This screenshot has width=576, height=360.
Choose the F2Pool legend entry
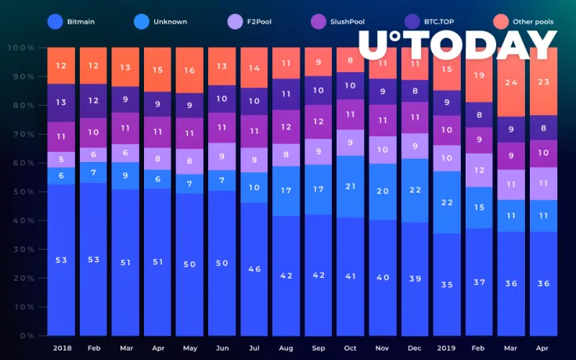pyautogui.click(x=250, y=22)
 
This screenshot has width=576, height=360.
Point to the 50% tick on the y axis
pyautogui.click(x=21, y=192)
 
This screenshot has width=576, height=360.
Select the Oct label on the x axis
pyautogui.click(x=350, y=347)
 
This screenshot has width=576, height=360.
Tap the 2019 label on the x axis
pyautogui.click(x=447, y=347)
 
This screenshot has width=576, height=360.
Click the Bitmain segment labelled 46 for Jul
pyautogui.click(x=254, y=268)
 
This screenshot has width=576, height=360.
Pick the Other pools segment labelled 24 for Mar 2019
pyautogui.click(x=511, y=82)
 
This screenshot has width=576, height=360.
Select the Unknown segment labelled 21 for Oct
pyautogui.click(x=350, y=186)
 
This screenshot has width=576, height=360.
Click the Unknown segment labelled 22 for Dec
pyautogui.click(x=415, y=190)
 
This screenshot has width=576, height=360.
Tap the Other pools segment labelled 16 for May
pyautogui.click(x=189, y=70)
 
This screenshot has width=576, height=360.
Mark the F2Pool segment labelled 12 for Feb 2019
pyautogui.click(x=479, y=170)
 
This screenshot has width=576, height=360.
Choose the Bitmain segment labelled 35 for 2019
pyautogui.click(x=447, y=284)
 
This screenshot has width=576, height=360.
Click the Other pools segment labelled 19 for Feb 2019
pyautogui.click(x=479, y=75)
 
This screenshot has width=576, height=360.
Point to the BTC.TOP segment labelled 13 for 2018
pyautogui.click(x=61, y=103)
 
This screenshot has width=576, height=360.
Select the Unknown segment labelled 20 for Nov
pyautogui.click(x=383, y=191)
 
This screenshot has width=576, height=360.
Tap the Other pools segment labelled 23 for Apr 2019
pyautogui.click(x=543, y=81)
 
